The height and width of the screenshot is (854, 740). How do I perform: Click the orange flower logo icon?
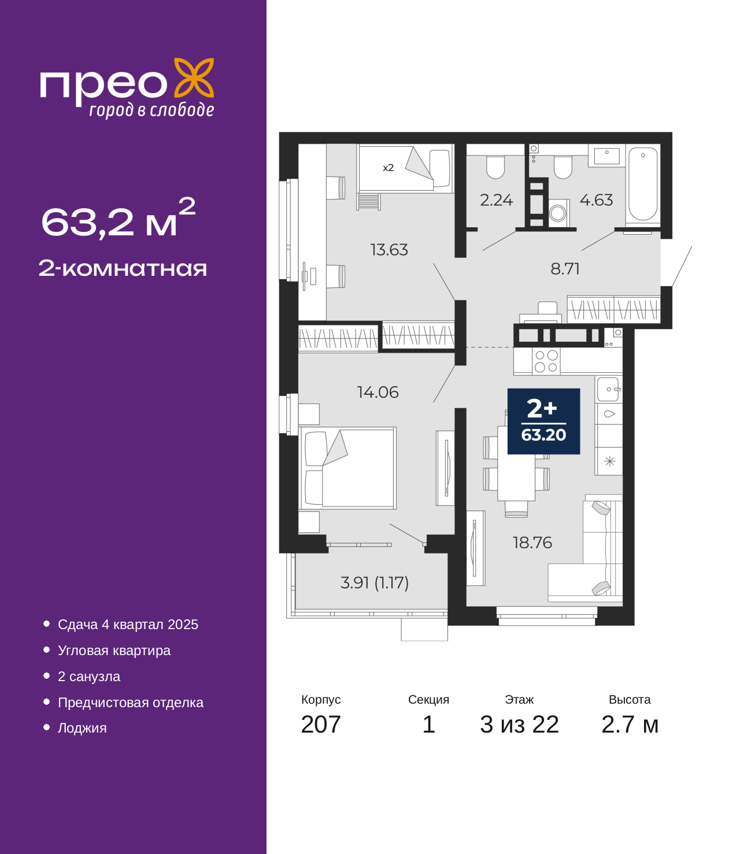pos(194,77)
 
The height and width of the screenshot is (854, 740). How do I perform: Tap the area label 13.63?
pos(389,250)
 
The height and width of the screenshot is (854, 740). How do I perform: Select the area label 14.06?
pos(378,392)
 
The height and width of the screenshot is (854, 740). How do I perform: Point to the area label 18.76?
pos(532,542)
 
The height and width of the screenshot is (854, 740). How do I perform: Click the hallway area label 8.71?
pos(565,269)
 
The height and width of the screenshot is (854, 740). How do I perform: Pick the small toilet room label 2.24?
pos(496,201)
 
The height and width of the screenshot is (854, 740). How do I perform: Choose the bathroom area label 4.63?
pos(596,201)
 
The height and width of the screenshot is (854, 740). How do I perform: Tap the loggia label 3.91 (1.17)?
pos(375,583)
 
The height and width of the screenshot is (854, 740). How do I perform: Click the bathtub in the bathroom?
pos(642,184)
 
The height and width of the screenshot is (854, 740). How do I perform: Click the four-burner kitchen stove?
pos(546,361)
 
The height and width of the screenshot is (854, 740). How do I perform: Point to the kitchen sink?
pos(609,389)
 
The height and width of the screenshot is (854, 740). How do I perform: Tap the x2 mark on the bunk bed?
pos(388,168)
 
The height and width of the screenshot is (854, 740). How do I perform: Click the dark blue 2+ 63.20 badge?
pos(543,421)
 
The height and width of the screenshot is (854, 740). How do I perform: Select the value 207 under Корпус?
pos(321,724)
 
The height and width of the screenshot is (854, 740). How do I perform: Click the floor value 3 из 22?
pos(519,724)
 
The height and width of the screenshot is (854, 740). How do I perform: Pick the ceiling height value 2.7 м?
pos(630,724)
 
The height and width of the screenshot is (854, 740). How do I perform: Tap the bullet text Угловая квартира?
pos(114,650)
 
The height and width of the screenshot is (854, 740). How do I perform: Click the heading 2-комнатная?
pos(123,268)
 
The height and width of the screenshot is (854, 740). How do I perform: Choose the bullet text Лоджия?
pos(82,727)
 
